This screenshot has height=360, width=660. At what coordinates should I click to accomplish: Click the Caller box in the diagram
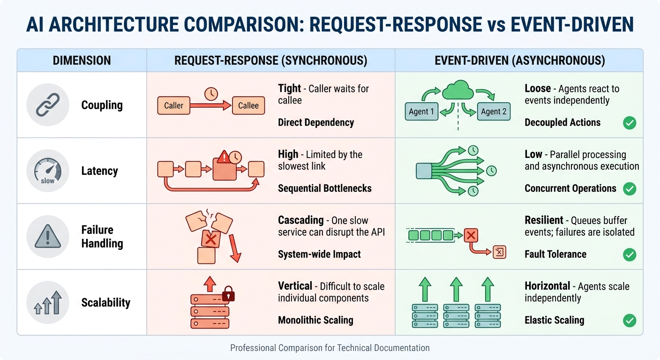(173, 105)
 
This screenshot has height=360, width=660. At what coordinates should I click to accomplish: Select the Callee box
(248, 105)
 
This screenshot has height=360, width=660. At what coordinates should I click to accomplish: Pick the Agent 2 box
(494, 112)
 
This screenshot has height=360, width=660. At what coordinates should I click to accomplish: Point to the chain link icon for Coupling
(48, 105)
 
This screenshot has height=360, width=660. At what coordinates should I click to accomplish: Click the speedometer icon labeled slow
(48, 171)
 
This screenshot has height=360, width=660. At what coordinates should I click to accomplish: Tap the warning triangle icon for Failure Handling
(48, 237)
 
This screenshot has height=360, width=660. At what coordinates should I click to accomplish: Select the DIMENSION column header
(82, 60)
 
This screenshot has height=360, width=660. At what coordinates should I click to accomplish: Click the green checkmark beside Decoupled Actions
(630, 123)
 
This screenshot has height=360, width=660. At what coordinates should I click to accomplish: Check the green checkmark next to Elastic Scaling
(630, 321)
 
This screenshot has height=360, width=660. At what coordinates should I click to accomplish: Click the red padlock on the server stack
(227, 295)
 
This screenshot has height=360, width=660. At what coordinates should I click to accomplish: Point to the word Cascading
(301, 220)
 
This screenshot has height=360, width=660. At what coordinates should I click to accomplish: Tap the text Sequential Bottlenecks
(324, 188)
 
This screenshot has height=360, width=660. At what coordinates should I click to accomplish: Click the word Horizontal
(547, 286)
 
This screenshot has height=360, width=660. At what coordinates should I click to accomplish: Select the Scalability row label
(105, 303)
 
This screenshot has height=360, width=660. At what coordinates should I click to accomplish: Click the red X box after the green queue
(470, 235)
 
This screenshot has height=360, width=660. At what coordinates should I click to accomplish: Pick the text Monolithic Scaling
(315, 321)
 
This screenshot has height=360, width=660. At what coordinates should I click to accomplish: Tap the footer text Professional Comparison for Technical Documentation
(330, 348)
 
